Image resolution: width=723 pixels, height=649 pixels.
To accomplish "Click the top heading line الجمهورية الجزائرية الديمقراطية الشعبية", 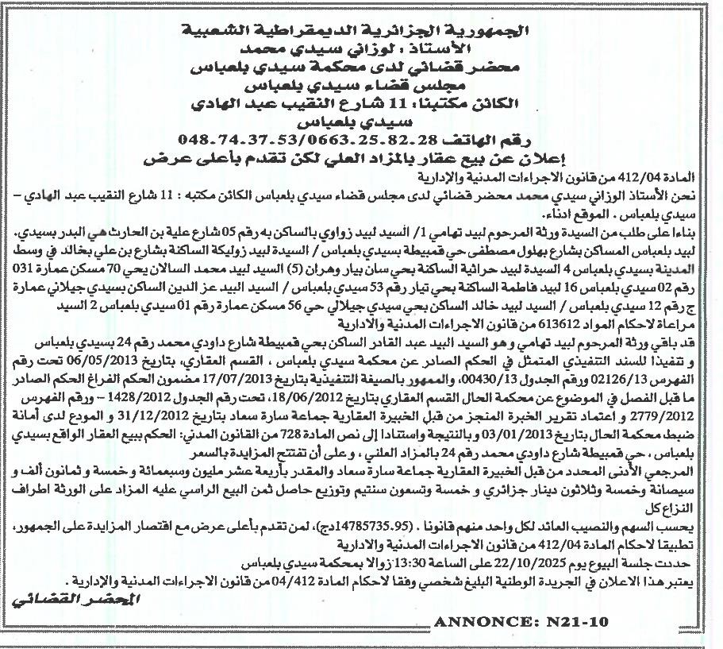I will (361, 31).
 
